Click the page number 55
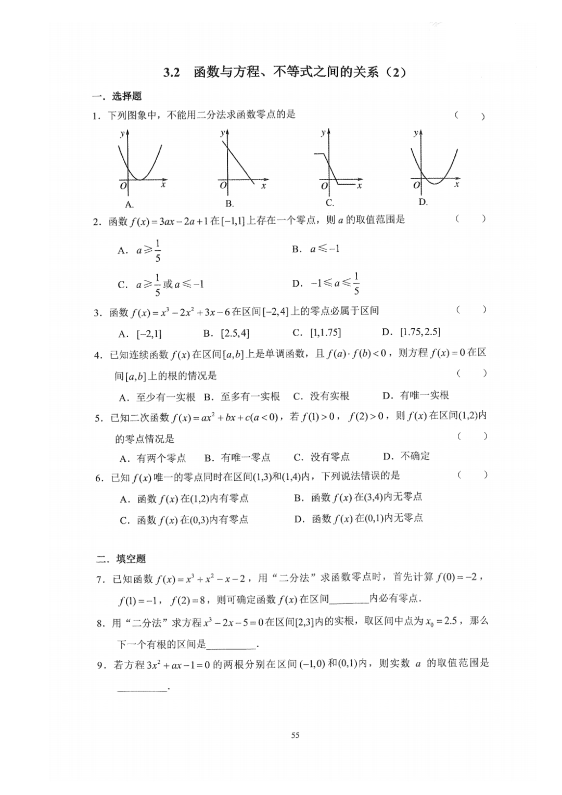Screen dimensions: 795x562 295,735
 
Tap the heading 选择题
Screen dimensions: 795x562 126,96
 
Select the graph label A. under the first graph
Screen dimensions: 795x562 130,204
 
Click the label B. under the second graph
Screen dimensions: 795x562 229,203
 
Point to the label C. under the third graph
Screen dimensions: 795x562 329,203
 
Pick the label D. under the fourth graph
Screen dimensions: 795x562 423,202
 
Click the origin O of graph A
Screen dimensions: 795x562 123,186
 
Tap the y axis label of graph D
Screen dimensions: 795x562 416,133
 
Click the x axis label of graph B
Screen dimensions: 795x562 263,186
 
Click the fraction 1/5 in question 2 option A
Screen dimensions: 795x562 158,250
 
